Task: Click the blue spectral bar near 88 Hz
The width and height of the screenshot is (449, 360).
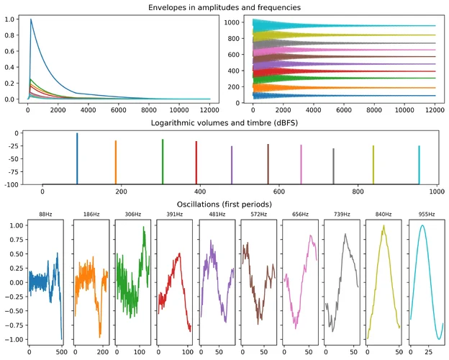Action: click(x=77, y=158)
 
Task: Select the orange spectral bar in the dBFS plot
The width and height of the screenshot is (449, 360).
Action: click(x=115, y=163)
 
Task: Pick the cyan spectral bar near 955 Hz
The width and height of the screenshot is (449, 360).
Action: click(x=419, y=165)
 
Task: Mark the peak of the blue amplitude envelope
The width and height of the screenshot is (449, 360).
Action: click(x=31, y=20)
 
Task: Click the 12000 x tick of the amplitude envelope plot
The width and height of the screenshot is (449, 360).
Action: click(x=209, y=109)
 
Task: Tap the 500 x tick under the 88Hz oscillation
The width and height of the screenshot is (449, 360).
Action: click(x=61, y=351)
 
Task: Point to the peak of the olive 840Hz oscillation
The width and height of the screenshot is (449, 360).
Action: click(x=384, y=226)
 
